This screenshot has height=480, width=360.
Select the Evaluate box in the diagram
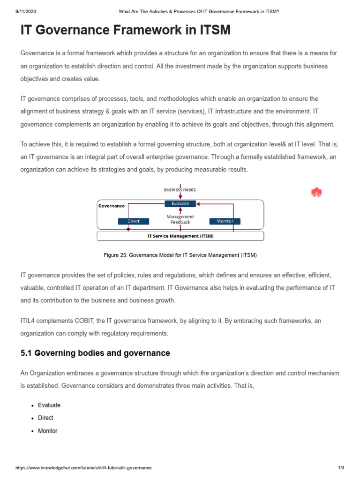[180, 204]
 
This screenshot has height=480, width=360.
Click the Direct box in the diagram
[134, 221]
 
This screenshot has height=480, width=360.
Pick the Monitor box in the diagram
[225, 221]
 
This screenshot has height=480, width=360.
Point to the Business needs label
[180, 190]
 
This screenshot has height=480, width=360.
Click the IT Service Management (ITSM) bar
[180, 236]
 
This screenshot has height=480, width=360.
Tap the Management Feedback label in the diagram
[180, 219]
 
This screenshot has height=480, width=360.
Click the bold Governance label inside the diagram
[112, 206]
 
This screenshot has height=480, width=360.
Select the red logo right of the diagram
[316, 192]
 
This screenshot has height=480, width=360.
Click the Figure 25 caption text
[180, 255]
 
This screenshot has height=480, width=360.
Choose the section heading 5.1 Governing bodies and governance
[95, 353]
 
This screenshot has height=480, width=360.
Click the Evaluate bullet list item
[49, 405]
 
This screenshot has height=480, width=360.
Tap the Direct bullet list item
[45, 418]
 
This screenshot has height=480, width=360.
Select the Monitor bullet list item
[47, 431]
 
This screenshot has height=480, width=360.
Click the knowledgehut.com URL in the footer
[83, 468]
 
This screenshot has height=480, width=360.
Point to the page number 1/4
[341, 468]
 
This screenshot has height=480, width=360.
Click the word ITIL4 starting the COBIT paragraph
[28, 321]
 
